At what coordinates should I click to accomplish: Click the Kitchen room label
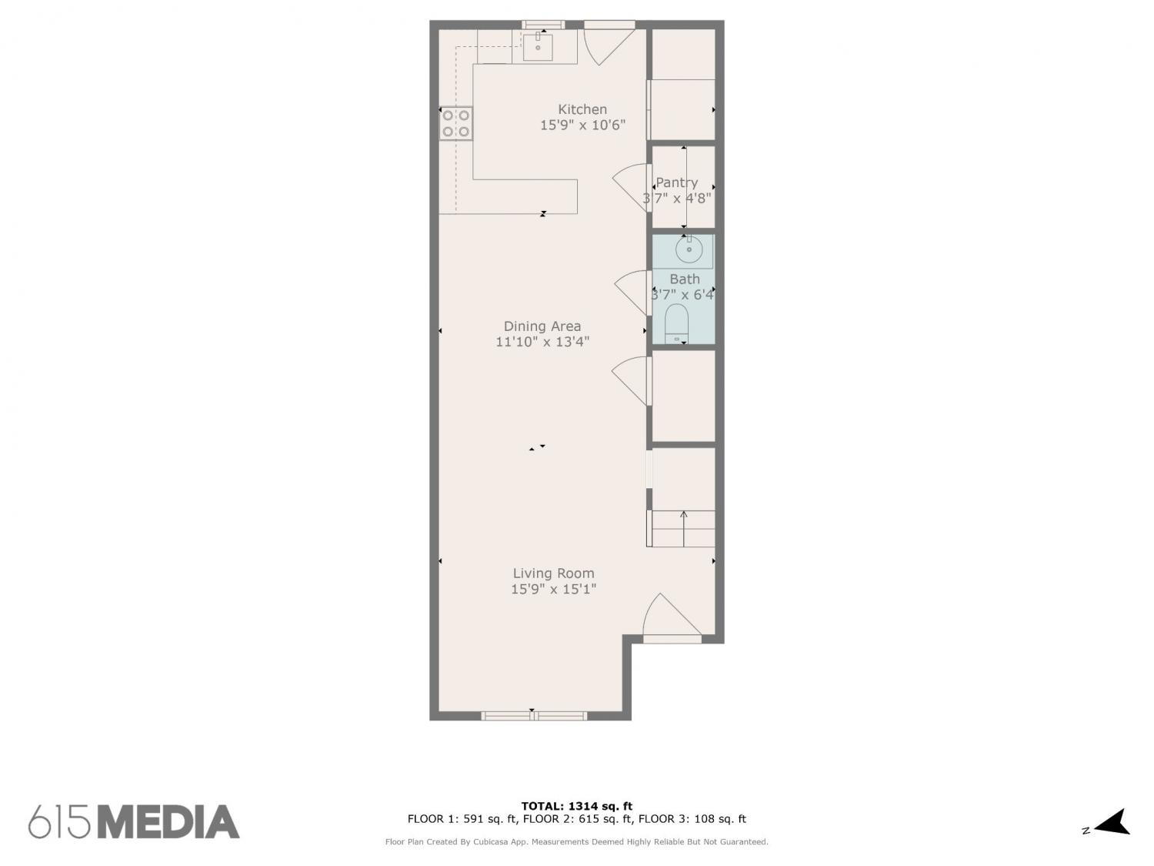pyautogui.click(x=582, y=109)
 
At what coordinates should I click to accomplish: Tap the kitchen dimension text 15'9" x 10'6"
pyautogui.click(x=582, y=125)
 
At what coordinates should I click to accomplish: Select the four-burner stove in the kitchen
pyautogui.click(x=455, y=123)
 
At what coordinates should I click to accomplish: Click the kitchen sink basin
pyautogui.click(x=537, y=47)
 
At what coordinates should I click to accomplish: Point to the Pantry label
pyautogui.click(x=676, y=182)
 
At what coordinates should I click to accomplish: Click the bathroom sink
pyautogui.click(x=689, y=249)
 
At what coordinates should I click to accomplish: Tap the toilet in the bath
pyautogui.click(x=676, y=323)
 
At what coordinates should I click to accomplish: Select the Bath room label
pyautogui.click(x=685, y=279)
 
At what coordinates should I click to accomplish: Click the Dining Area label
pyautogui.click(x=542, y=326)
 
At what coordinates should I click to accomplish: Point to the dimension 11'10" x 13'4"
pyautogui.click(x=542, y=343)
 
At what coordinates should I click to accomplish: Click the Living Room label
pyautogui.click(x=554, y=573)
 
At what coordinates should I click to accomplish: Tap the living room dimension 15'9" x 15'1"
pyautogui.click(x=554, y=589)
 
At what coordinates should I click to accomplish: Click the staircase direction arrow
pyautogui.click(x=683, y=528)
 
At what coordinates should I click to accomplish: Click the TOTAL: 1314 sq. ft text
pyautogui.click(x=577, y=806)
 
